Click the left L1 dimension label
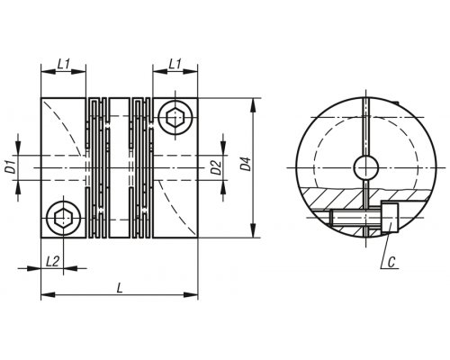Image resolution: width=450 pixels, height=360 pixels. point(64,64)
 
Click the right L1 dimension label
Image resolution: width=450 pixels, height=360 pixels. point(175,64)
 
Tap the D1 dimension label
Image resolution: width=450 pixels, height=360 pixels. point(11,167)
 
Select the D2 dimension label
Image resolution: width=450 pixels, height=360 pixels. point(216,168)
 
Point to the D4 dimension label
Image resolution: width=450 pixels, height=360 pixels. point(246,164)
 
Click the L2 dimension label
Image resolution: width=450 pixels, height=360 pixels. point(52,262)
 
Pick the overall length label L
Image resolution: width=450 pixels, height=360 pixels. point(120,289)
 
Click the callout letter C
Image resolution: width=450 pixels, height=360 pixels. point(391,262)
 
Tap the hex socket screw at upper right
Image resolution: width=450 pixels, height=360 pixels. point(175,117)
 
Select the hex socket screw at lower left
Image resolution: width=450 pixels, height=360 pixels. point(63,218)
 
